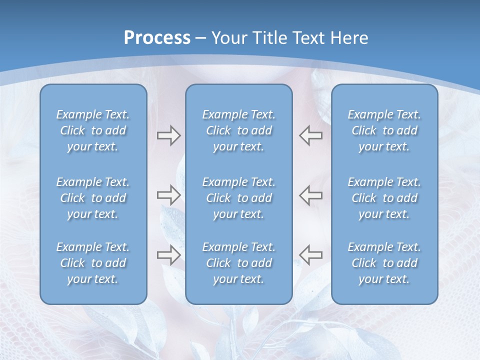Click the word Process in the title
coord(157,38)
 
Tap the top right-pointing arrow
coord(168,135)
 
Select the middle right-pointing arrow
coord(168,194)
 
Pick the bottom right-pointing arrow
coord(168,255)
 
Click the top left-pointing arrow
coord(310,135)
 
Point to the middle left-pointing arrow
coord(310,194)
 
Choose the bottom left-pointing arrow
coord(310,255)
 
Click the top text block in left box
coord(93,130)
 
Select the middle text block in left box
coord(93,198)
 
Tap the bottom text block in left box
coord(93,263)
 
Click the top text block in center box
coord(238,130)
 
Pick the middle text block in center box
coord(238,198)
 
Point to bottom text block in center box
coord(238,263)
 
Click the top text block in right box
coord(384,130)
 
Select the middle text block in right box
coord(384,198)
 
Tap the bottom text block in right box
coord(384,263)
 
